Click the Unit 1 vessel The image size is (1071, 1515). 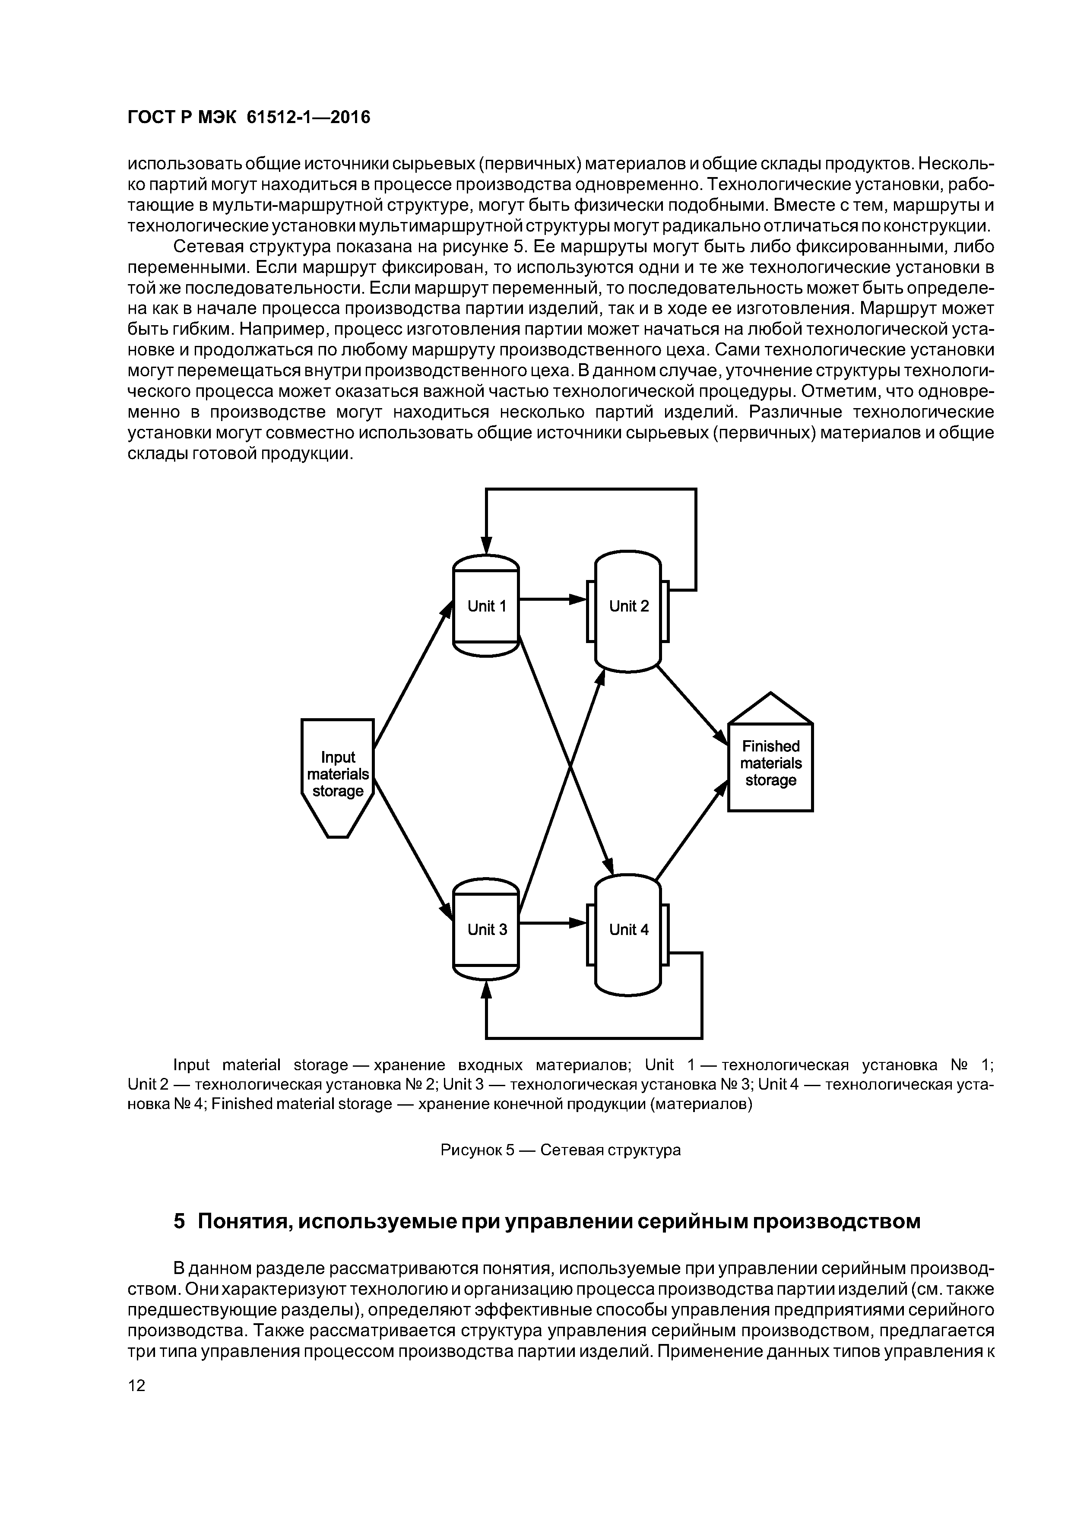pyautogui.click(x=486, y=606)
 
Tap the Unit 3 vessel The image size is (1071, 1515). pyautogui.click(x=486, y=929)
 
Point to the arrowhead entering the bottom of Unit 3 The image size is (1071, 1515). pyautogui.click(x=486, y=990)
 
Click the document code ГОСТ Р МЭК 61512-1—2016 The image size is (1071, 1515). pyautogui.click(x=249, y=117)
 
